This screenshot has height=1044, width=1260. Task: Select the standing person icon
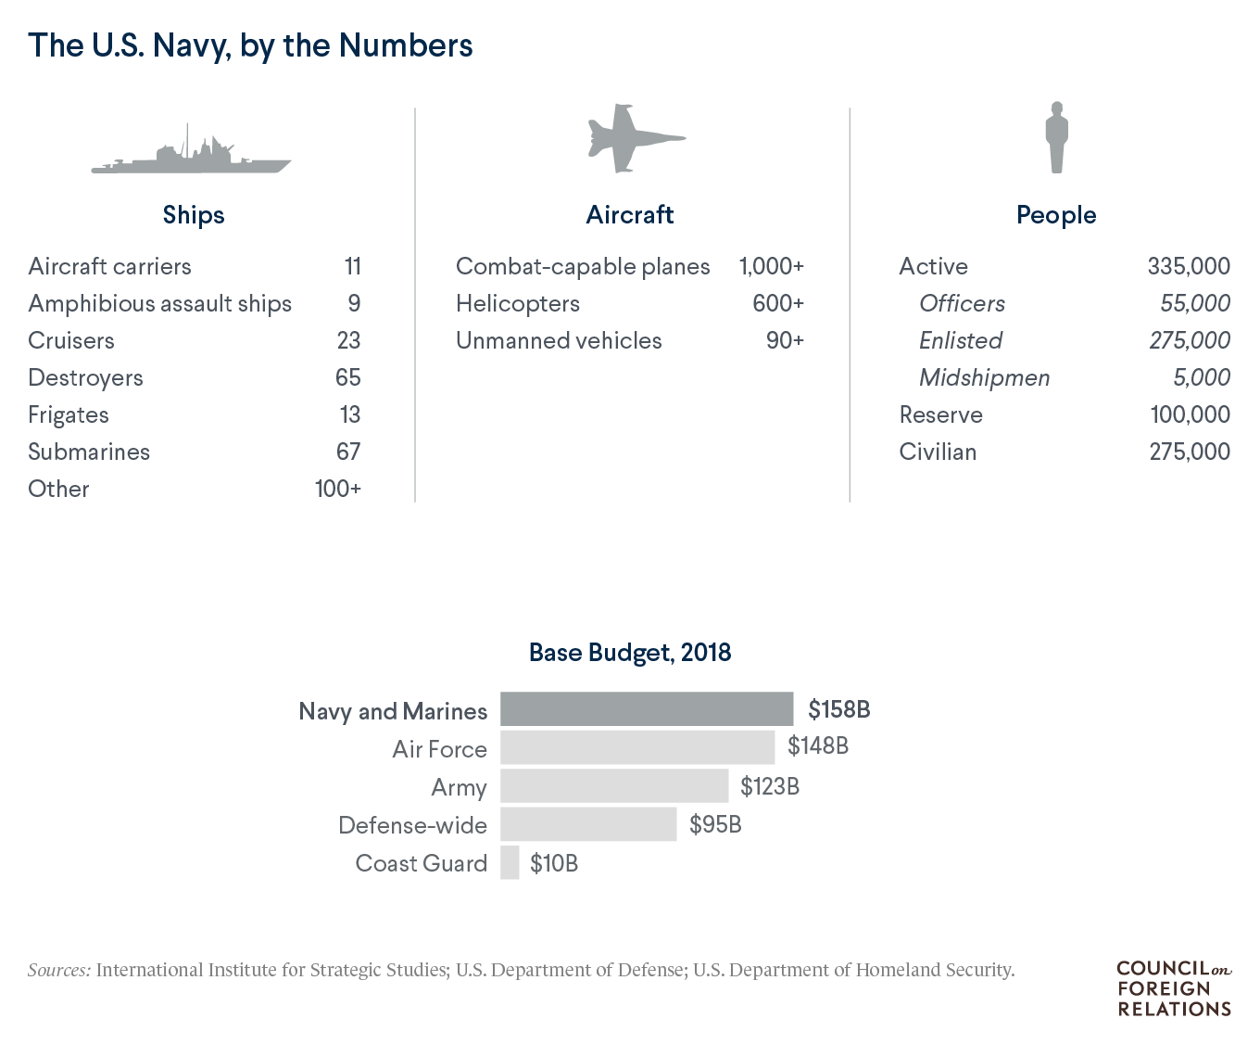point(1056,139)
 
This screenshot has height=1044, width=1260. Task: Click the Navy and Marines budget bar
point(647,709)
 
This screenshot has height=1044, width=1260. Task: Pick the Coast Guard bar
point(510,863)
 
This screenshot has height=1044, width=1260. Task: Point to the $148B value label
point(818,746)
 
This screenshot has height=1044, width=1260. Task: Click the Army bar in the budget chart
point(614,786)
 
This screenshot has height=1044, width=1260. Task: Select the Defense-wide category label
point(412,825)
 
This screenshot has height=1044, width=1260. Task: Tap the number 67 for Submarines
point(348,452)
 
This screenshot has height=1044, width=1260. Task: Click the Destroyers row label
point(86,378)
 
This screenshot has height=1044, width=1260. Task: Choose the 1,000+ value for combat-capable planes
point(771,267)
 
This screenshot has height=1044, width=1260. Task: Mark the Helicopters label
point(518,304)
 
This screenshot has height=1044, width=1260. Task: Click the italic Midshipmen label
point(984,378)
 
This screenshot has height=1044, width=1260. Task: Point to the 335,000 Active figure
point(1189,267)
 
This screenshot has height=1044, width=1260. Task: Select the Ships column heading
point(194,215)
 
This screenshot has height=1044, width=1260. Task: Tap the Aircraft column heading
point(630,215)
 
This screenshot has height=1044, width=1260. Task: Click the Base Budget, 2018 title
point(630,653)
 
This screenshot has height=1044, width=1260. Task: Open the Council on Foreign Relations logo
point(1174,988)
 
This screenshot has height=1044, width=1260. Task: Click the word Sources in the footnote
point(59,971)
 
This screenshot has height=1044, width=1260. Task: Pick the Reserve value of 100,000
point(1190,414)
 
